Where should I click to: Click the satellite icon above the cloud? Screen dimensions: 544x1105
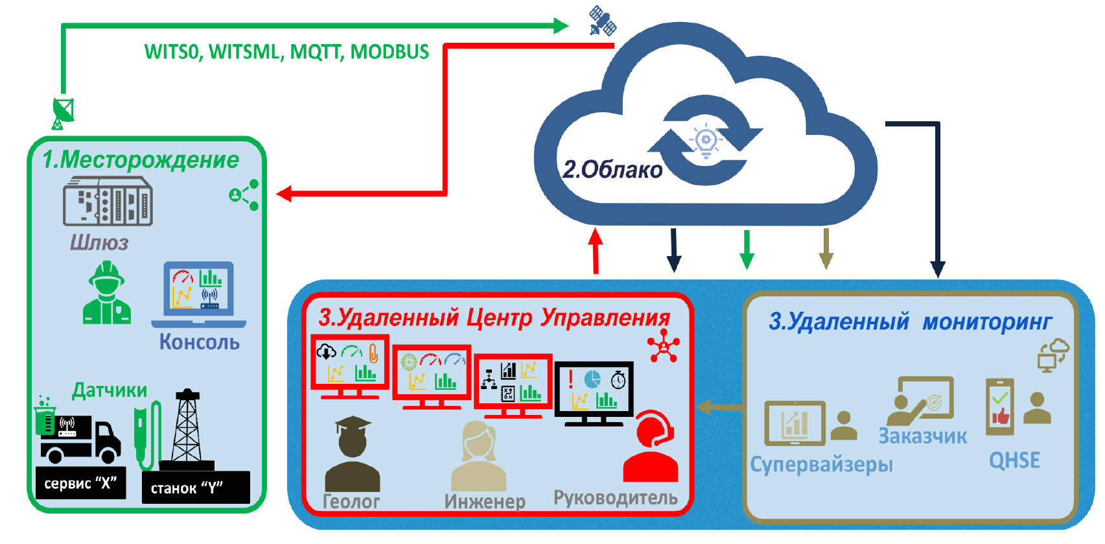pos(602,21)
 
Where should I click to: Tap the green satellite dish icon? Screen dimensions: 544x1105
pos(63,113)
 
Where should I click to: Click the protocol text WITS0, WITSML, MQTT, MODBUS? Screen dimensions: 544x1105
pos(286,52)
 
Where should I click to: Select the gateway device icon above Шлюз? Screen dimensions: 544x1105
pos(108,202)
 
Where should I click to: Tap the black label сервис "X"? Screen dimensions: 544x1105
pos(80,483)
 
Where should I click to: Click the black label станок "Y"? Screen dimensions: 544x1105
pos(195,488)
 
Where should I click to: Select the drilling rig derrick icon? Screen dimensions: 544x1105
pos(187,429)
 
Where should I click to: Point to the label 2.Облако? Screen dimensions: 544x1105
pos(612,170)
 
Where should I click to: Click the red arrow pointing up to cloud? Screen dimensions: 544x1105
pos(596,250)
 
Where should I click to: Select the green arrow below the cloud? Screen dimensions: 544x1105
pos(747,249)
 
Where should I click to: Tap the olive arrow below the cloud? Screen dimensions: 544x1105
pos(826,248)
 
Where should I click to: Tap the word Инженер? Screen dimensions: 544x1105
pos(485,501)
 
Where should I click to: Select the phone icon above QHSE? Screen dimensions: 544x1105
pos(999,407)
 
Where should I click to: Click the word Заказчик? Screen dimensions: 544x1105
pos(922,436)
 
